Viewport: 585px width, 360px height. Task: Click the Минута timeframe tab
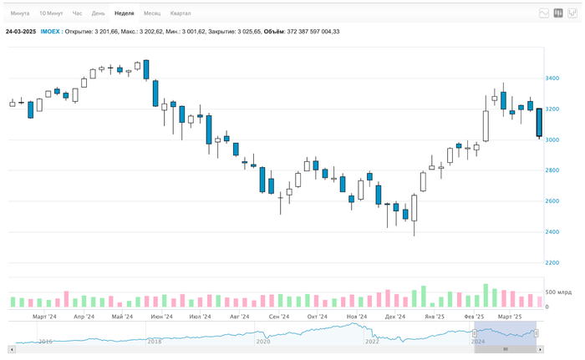[20, 13]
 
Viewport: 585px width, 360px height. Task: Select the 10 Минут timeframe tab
[51, 13]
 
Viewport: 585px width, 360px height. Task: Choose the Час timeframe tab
[78, 13]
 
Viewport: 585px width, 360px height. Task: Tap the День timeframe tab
[99, 13]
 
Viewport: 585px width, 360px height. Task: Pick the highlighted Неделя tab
[125, 13]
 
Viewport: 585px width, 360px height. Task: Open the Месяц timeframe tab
[152, 13]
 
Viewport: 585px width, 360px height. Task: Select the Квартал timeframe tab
[180, 13]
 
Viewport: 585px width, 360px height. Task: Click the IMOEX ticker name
[50, 31]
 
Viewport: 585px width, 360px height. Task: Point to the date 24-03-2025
[20, 31]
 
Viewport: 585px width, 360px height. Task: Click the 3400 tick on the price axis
[552, 79]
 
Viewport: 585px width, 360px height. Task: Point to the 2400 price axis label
[552, 232]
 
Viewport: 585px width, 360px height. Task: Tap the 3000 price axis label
[552, 140]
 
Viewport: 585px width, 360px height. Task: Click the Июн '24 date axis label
[161, 317]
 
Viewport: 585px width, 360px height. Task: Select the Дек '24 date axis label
[395, 317]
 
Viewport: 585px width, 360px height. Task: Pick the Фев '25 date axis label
[474, 317]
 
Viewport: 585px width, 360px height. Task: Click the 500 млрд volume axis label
[557, 292]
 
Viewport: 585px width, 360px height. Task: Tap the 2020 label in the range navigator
[263, 342]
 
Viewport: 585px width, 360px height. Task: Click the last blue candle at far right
[539, 122]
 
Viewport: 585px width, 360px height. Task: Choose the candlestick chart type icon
[558, 13]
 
